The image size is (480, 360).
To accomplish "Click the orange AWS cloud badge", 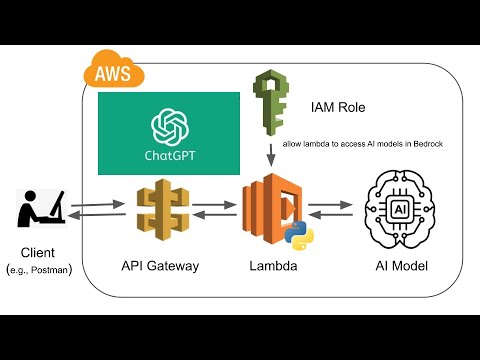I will [x=113, y=72].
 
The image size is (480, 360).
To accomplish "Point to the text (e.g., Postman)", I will [x=39, y=270].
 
